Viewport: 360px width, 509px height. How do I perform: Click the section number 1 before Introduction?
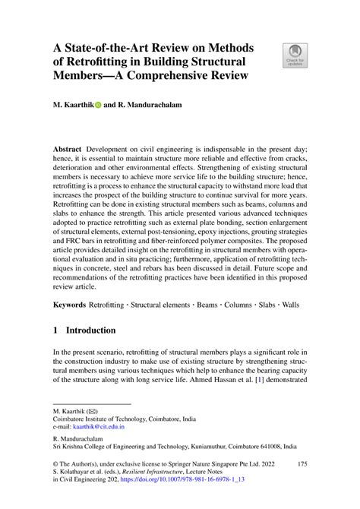tap(55, 330)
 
